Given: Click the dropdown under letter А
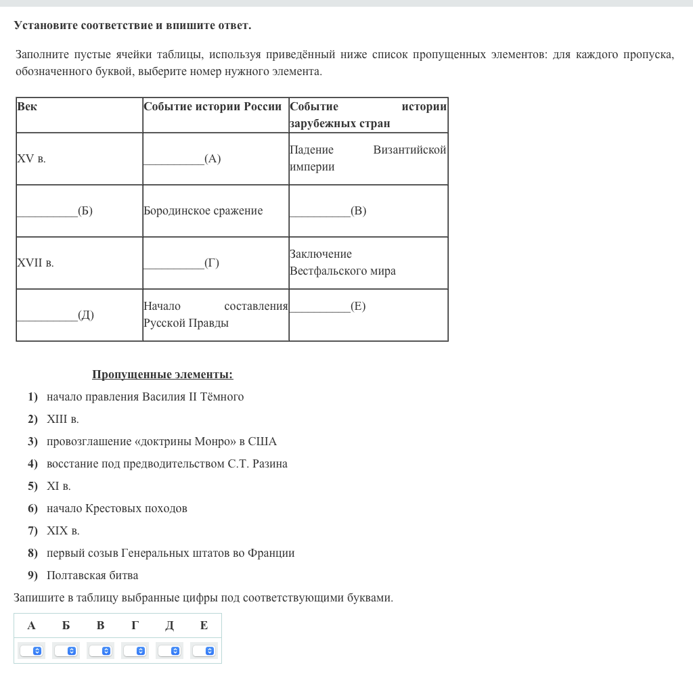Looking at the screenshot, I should click(x=31, y=651).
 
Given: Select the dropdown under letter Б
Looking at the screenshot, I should click(x=66, y=651).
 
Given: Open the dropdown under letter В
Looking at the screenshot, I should click(x=100, y=651).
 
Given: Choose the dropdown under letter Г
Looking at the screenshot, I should click(x=135, y=651).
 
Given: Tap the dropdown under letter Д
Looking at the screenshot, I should click(x=169, y=651).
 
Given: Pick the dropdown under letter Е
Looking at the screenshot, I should click(x=204, y=651).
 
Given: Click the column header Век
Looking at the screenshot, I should click(x=27, y=107).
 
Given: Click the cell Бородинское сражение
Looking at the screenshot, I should click(x=203, y=211).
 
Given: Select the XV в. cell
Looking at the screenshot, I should click(x=31, y=160).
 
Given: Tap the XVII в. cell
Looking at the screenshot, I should click(x=35, y=263).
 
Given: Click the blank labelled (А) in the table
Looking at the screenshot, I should click(x=181, y=160).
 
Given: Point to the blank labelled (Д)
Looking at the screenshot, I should click(x=54, y=315).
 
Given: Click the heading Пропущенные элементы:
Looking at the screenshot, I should click(x=162, y=375).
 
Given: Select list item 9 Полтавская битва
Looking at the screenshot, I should click(x=92, y=576).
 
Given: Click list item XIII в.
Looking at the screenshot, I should click(x=63, y=419).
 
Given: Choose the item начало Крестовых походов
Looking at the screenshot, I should click(x=116, y=509).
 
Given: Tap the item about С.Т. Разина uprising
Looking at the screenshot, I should click(x=166, y=464).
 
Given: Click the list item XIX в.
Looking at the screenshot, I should click(x=63, y=531).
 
